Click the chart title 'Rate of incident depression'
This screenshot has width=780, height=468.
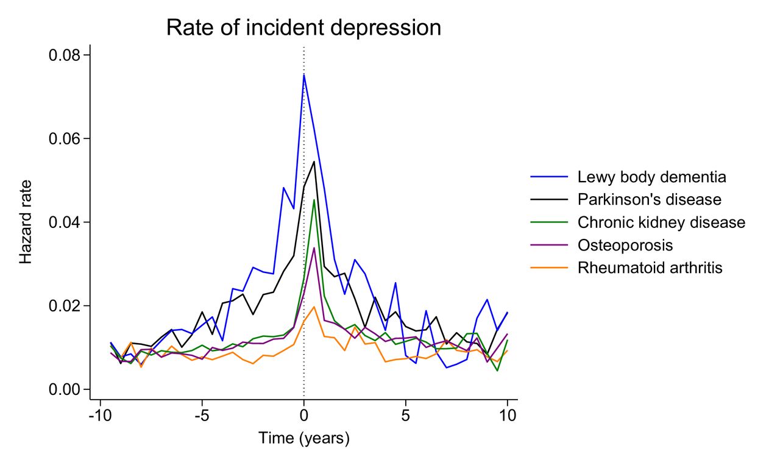pos(303,28)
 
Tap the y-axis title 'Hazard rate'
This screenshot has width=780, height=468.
pos(26,222)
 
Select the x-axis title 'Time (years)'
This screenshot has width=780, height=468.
pos(303,438)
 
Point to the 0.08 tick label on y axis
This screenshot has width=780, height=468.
pos(65,55)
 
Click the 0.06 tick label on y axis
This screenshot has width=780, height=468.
pos(65,139)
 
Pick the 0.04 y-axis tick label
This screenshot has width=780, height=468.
pos(65,222)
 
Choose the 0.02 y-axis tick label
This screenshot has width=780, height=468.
pos(65,306)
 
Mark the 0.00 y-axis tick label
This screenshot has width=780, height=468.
pos(65,389)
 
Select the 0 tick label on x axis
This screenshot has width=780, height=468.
pos(304,416)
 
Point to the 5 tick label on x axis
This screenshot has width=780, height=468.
pos(406,416)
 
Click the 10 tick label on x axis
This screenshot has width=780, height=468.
pos(507,416)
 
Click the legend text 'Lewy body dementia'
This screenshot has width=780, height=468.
pos(651,177)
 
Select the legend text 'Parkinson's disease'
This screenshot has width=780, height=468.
pos(650,200)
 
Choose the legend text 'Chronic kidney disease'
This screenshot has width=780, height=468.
pos(661,222)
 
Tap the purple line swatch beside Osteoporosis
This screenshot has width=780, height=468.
pos(550,245)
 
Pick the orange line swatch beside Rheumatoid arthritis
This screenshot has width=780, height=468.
pos(550,268)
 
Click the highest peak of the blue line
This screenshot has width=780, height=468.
pos(304,74)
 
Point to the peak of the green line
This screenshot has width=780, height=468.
pos(314,200)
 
